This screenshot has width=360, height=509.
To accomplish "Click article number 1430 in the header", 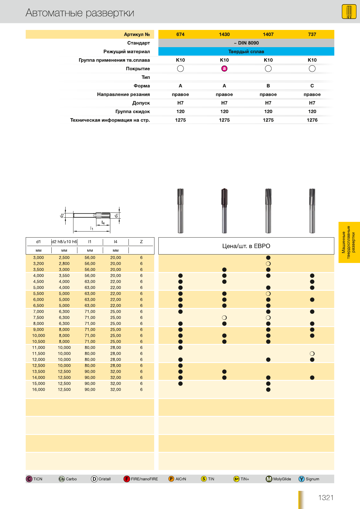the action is click(x=224, y=34).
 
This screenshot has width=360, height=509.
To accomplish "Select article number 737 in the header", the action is click(x=312, y=34).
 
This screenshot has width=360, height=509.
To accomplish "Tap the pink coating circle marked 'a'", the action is click(x=224, y=69).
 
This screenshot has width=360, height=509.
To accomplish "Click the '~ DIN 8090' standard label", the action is click(x=246, y=43).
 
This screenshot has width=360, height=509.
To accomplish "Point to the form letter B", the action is click(x=268, y=86).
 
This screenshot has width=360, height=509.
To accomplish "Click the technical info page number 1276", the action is click(x=312, y=120).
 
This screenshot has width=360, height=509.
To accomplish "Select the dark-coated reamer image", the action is click(x=224, y=211).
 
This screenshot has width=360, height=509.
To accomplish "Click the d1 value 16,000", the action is click(x=38, y=390).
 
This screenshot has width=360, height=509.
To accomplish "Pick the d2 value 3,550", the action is click(x=64, y=275).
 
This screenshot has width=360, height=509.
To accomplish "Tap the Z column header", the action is click(x=141, y=242).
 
